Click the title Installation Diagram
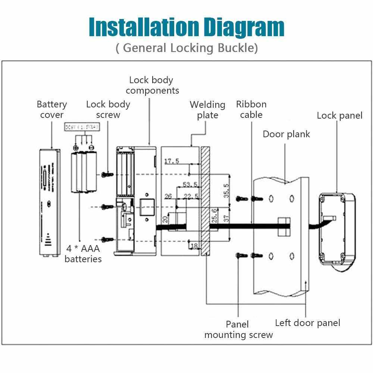click(x=186, y=27)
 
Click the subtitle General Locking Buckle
click(x=186, y=48)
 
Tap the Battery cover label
click(x=52, y=109)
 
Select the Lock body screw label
click(x=108, y=109)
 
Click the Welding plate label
click(x=207, y=110)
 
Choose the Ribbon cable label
click(x=251, y=109)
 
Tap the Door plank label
click(x=286, y=134)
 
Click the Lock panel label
click(x=339, y=115)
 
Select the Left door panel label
click(x=307, y=323)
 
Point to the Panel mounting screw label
click(x=238, y=329)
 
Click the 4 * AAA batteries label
click(x=83, y=253)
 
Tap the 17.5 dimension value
click(x=172, y=161)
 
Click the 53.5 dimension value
click(x=190, y=185)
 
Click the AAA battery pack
click(x=84, y=172)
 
